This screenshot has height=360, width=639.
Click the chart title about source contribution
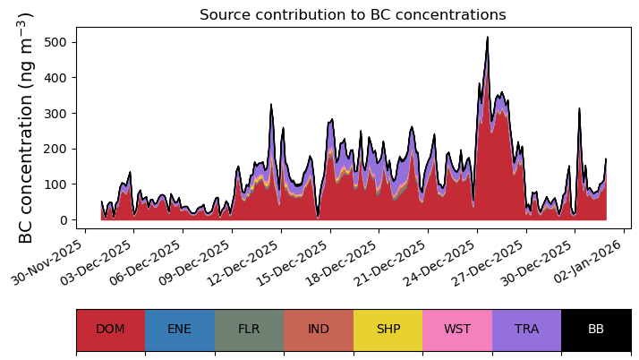pos(353,15)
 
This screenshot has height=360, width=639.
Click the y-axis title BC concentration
pos(26,127)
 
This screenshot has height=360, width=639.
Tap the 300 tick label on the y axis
pos(60,113)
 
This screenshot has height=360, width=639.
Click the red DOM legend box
pos(110,330)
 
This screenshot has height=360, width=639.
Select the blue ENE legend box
pos(180,330)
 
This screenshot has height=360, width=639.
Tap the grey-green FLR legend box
pos(249,330)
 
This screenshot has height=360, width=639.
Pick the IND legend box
pos(319,330)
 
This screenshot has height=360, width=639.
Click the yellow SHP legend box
pos(388,330)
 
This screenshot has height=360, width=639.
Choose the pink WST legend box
pos(457,330)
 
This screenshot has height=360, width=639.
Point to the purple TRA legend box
pos(526,330)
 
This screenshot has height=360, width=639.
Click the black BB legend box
pos(596,330)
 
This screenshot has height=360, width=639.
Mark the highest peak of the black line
pos(487,38)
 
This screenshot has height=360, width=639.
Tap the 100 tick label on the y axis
pos(60,184)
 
